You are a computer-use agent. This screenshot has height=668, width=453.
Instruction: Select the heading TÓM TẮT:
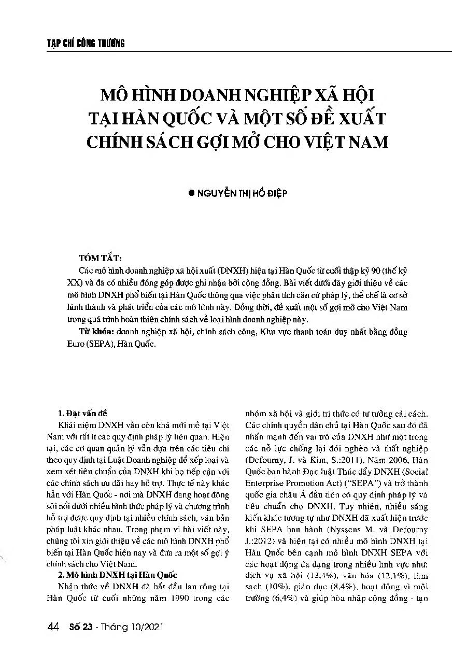[x=100, y=258]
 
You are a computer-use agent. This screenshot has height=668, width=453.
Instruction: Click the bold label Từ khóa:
[x=96, y=332]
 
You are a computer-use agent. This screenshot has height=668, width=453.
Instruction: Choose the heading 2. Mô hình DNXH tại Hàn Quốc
[x=118, y=575]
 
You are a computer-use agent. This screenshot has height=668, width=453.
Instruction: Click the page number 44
[x=52, y=627]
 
